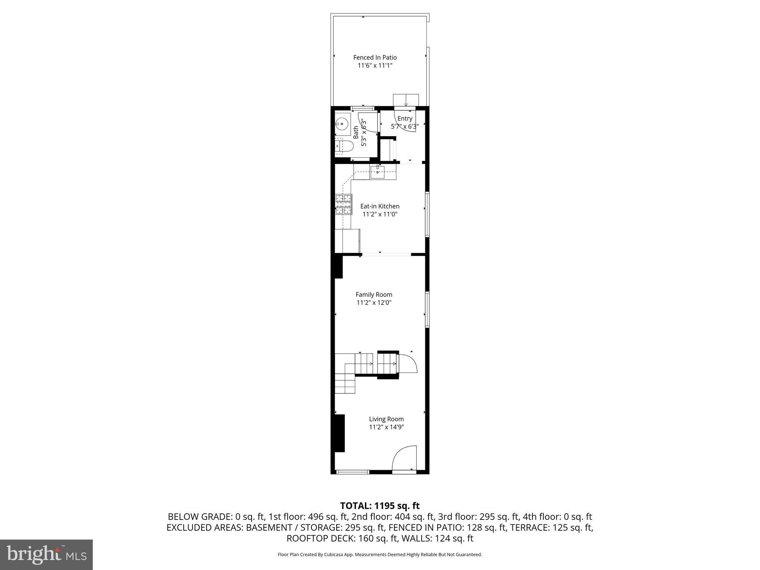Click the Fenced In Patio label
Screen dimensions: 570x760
click(375, 58)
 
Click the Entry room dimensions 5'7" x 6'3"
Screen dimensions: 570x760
click(404, 127)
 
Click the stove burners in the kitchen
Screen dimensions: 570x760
click(343, 204)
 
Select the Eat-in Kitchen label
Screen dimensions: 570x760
click(380, 206)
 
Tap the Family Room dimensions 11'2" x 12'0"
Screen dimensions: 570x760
click(374, 302)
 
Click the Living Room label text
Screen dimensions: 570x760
click(386, 419)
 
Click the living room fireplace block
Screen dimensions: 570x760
click(339, 433)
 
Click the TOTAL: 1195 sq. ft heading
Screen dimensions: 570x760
click(379, 506)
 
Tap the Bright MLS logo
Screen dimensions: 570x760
click(46, 554)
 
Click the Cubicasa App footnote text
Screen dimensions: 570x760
click(379, 555)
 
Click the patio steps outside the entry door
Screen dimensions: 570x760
click(406, 100)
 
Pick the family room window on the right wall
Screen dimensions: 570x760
click(427, 309)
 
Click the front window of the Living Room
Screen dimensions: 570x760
click(353, 472)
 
